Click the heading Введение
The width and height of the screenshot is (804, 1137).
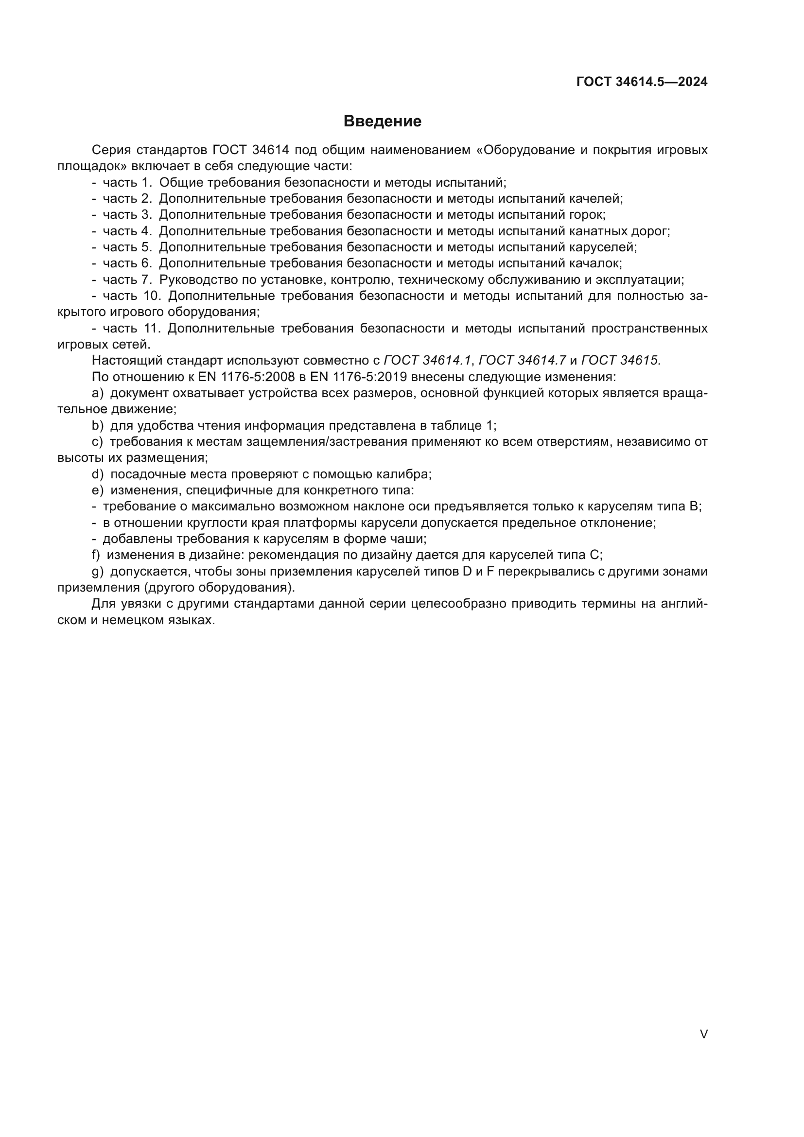(382, 122)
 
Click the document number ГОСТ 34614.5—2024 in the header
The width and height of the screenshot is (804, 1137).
(642, 82)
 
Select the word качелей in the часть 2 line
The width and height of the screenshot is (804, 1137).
(598, 199)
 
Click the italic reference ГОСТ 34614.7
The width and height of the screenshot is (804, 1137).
(522, 361)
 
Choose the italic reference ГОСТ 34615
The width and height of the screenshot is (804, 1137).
(619, 361)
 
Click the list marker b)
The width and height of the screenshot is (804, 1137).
(98, 425)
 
